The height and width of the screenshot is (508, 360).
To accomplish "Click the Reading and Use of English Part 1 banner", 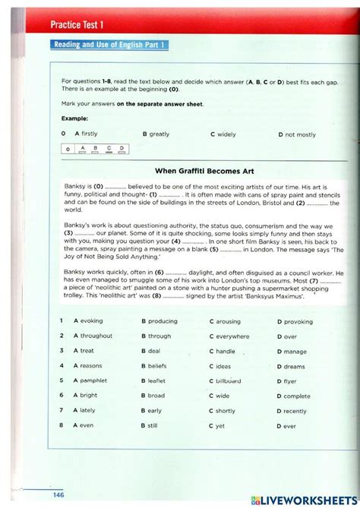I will (x=109, y=45).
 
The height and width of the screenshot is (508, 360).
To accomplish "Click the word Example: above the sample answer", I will (x=74, y=118).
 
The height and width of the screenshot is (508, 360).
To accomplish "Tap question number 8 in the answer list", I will (x=61, y=425).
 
